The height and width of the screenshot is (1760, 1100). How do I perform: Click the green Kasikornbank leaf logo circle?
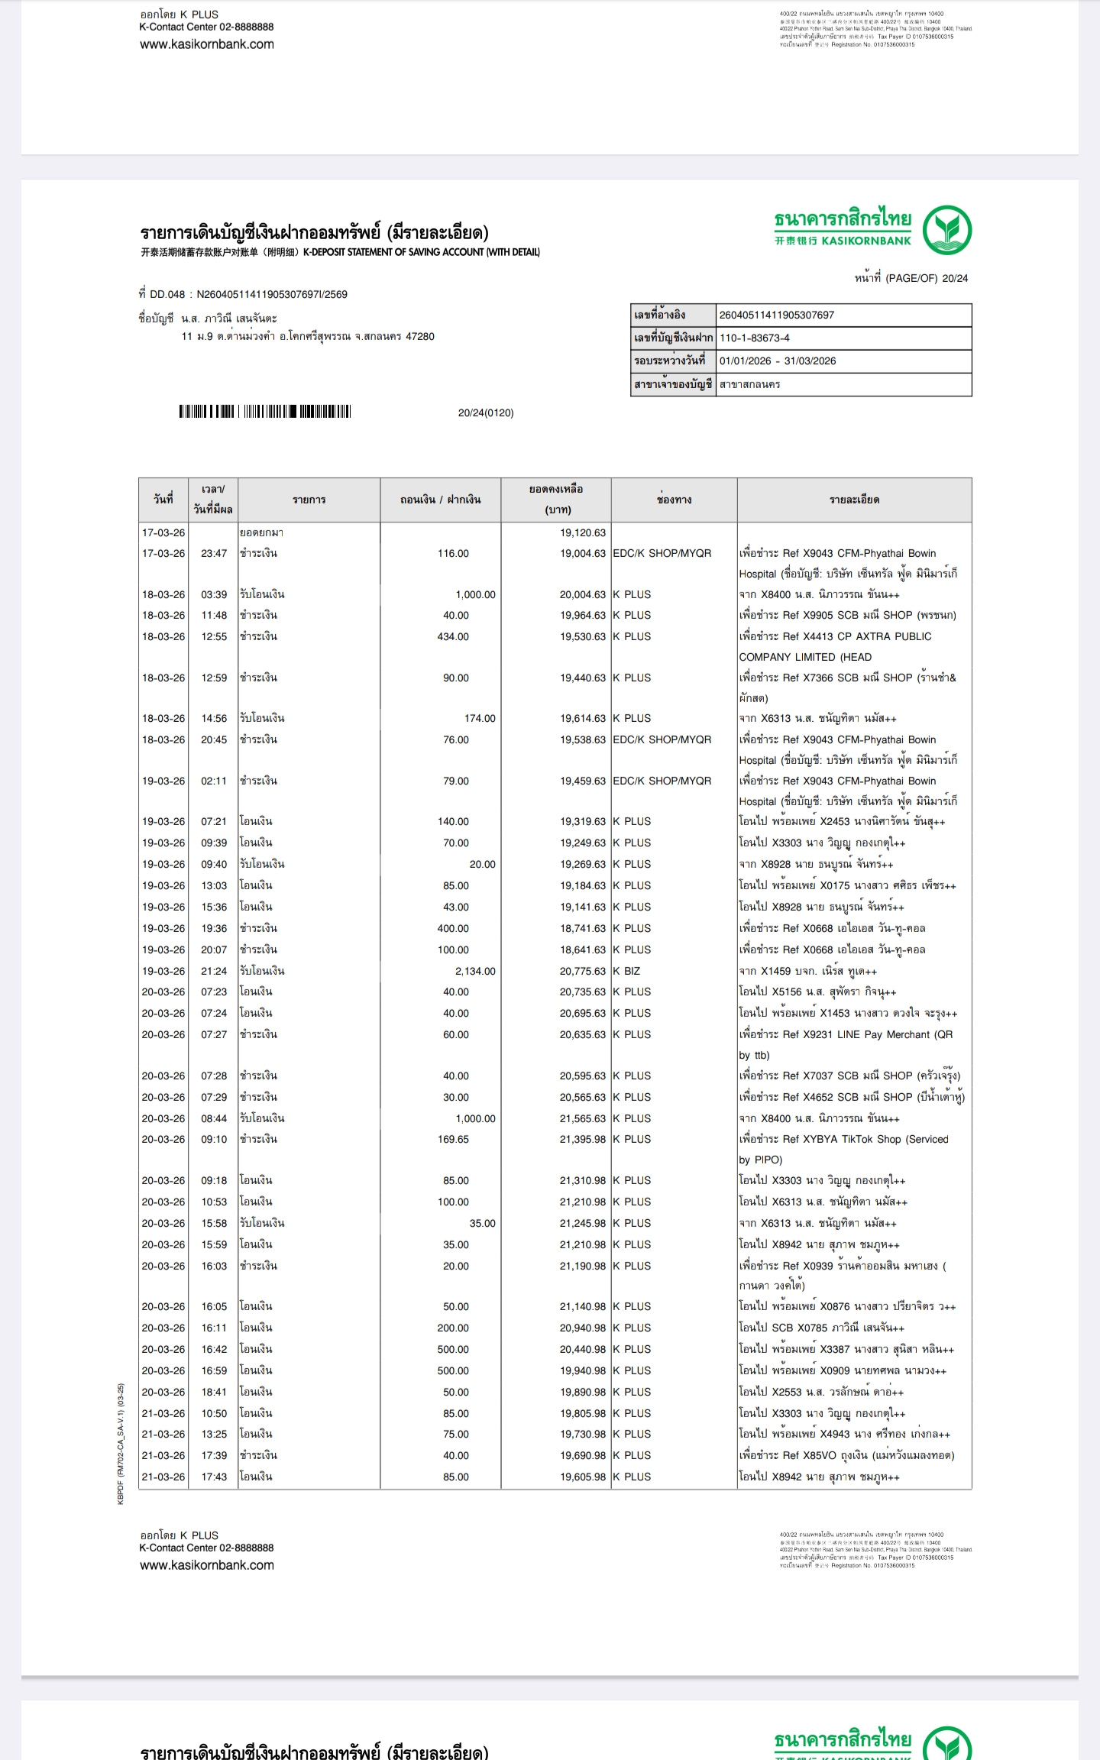[946, 229]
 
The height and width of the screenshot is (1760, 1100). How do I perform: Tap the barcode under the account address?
[264, 412]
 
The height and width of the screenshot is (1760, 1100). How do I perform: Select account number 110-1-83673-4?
[754, 338]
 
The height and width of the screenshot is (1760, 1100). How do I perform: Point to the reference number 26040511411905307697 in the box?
[776, 315]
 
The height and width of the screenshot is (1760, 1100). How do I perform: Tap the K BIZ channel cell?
[626, 971]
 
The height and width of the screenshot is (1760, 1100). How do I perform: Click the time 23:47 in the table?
[214, 553]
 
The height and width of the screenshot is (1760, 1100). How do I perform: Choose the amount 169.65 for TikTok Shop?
[453, 1139]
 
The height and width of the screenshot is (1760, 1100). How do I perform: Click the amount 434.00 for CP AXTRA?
[453, 636]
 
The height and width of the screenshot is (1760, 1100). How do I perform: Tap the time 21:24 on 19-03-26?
[214, 971]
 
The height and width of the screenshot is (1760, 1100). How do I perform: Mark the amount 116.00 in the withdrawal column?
[453, 553]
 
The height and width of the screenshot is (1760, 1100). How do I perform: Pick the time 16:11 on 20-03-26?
[214, 1328]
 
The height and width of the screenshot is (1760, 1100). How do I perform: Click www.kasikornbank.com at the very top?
[207, 44]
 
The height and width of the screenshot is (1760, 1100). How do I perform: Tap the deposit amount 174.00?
[479, 718]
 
